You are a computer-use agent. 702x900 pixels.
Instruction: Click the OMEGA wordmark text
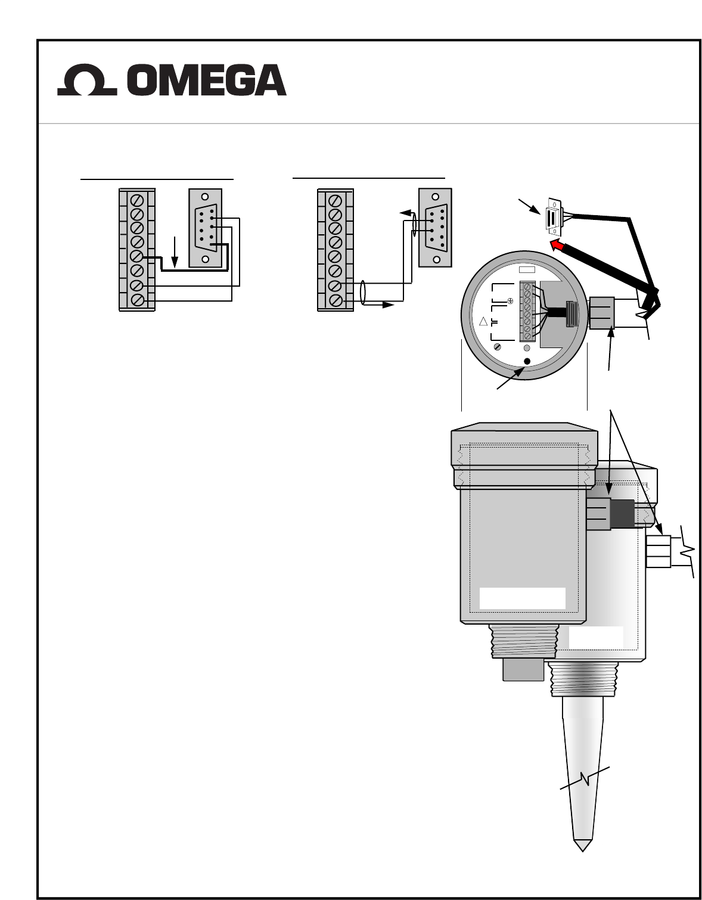(207, 80)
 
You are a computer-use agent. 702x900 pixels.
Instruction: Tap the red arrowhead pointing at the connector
(557, 245)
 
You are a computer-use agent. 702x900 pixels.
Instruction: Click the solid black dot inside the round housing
(527, 361)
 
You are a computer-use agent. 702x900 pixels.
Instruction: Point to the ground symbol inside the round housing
(510, 302)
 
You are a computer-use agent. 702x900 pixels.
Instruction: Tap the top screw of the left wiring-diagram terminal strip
(137, 200)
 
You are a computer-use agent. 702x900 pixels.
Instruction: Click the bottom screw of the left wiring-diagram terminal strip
(137, 300)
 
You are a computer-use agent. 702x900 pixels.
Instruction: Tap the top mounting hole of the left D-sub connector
(205, 197)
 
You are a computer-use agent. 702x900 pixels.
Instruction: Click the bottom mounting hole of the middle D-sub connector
(436, 259)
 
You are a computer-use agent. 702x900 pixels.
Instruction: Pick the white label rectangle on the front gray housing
(522, 598)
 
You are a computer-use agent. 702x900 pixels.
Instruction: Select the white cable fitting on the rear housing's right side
(658, 552)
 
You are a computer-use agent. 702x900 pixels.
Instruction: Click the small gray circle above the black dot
(527, 348)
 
